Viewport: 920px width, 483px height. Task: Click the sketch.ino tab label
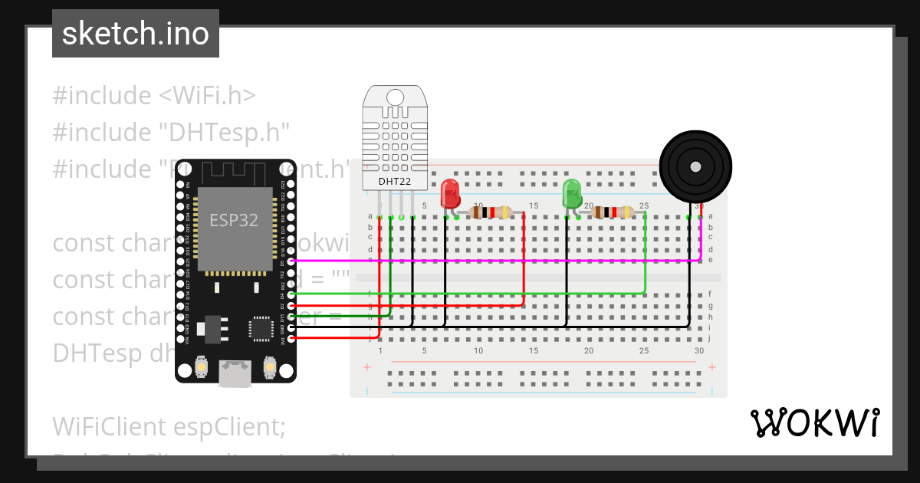click(x=135, y=34)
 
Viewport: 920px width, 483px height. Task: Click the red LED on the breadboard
click(x=450, y=193)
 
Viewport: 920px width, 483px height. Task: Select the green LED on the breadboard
click(x=572, y=193)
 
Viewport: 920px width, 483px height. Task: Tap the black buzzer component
click(x=696, y=166)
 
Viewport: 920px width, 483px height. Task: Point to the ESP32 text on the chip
click(x=234, y=220)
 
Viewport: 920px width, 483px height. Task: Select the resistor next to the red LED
click(x=491, y=212)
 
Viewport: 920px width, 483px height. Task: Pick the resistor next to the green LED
click(x=613, y=212)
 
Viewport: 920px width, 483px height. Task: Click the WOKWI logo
click(x=814, y=422)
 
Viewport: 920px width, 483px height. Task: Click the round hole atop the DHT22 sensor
click(x=396, y=97)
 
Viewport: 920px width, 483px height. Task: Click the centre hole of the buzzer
click(x=695, y=166)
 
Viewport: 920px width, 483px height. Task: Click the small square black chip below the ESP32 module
click(x=261, y=328)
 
